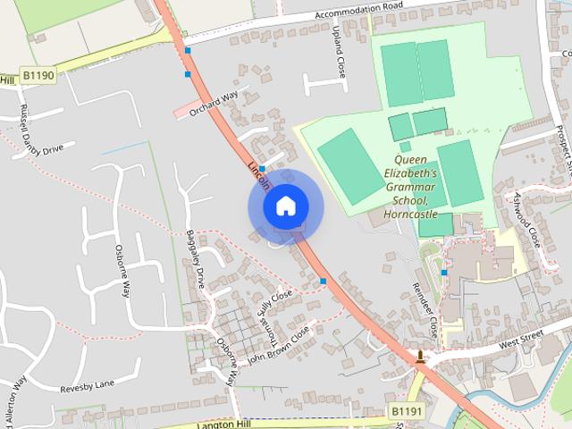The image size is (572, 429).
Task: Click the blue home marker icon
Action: pyautogui.click(x=285, y=206)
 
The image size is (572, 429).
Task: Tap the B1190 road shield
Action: pyautogui.click(x=39, y=76)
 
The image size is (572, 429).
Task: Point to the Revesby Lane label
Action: pyautogui.click(x=88, y=386)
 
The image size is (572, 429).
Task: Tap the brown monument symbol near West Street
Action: pyautogui.click(x=420, y=357)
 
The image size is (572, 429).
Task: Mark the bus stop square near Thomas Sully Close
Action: pyautogui.click(x=323, y=282)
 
